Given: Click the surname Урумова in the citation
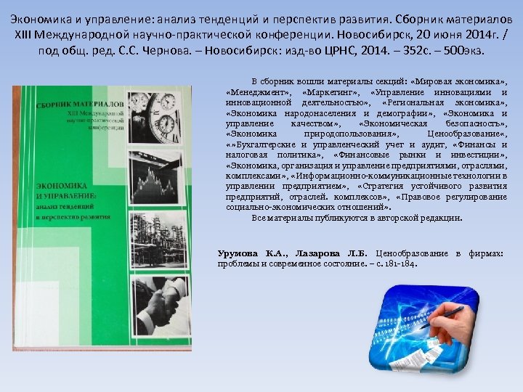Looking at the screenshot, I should pos(238,253).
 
